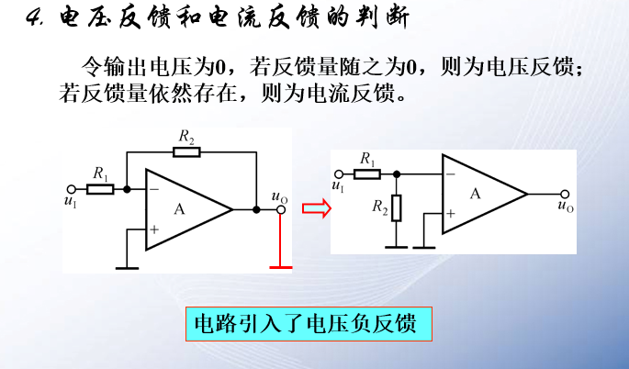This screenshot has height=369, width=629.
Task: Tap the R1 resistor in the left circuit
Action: click(100, 189)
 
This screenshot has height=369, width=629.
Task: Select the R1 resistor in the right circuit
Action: click(368, 173)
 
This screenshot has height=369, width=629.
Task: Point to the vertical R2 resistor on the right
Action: click(397, 207)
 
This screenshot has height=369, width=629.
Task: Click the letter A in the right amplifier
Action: click(475, 194)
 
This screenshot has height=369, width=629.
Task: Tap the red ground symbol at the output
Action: click(280, 266)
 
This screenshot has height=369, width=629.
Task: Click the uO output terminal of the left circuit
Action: click(280, 209)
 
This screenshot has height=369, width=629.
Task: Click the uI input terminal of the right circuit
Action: click(338, 173)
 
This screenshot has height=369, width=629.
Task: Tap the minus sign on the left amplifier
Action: click(153, 190)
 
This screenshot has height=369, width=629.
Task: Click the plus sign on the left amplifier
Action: click(153, 229)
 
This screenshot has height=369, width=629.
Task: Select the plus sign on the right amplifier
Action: click(450, 213)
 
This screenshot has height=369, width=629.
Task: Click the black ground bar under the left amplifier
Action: click(127, 268)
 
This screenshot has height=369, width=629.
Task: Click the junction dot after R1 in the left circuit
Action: click(127, 189)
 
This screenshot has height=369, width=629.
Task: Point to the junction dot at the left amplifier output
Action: click(256, 209)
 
